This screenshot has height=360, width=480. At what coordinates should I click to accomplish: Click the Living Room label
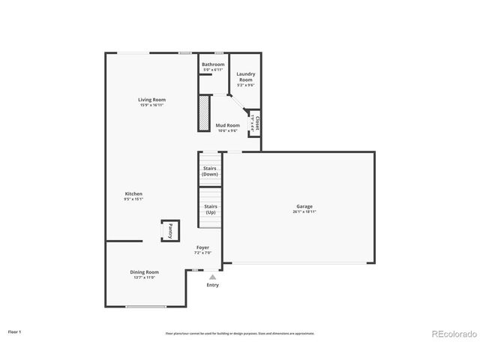(151, 100)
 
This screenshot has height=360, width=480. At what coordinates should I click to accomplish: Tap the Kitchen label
(133, 194)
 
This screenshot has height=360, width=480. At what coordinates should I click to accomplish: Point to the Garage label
(304, 206)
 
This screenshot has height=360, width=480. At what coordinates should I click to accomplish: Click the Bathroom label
(213, 64)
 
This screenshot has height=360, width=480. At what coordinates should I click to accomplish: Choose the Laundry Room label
(246, 76)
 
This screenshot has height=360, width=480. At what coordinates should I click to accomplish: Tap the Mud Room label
(227, 125)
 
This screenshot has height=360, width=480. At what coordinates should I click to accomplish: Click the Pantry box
(170, 230)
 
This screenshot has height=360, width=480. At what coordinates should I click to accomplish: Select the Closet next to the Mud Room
(256, 124)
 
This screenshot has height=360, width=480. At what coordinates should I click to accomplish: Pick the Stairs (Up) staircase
(211, 208)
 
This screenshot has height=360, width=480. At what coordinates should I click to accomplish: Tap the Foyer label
(203, 247)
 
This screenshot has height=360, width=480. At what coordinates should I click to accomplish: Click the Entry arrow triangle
(212, 277)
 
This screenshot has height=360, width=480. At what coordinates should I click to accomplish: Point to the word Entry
(212, 285)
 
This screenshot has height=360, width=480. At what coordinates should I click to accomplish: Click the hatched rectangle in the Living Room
(203, 112)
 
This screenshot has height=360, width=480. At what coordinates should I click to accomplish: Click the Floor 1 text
(15, 331)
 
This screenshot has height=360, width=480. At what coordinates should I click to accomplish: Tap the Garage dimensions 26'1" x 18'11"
(304, 212)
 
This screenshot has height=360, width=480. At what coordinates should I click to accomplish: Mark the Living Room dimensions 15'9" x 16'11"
(151, 105)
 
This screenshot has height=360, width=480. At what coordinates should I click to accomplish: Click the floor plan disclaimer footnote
(240, 333)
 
